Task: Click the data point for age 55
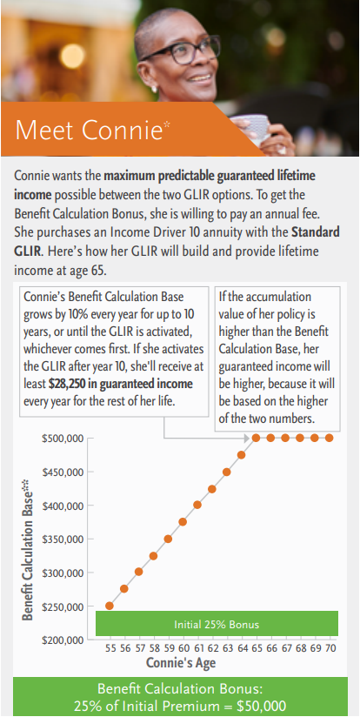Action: click(110, 606)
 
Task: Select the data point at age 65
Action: click(256, 438)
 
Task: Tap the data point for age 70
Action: click(329, 438)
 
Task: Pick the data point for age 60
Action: click(183, 522)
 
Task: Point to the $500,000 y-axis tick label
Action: click(63, 439)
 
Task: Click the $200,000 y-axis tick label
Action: click(63, 640)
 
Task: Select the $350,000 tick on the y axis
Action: click(63, 539)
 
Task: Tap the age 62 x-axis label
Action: click(212, 648)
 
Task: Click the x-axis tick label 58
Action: click(154, 648)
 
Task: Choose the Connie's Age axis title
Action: click(181, 662)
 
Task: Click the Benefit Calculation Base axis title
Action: click(28, 549)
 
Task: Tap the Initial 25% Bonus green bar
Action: click(217, 623)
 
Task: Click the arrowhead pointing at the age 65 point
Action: click(247, 439)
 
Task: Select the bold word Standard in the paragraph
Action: click(316, 231)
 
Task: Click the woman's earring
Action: click(154, 89)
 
